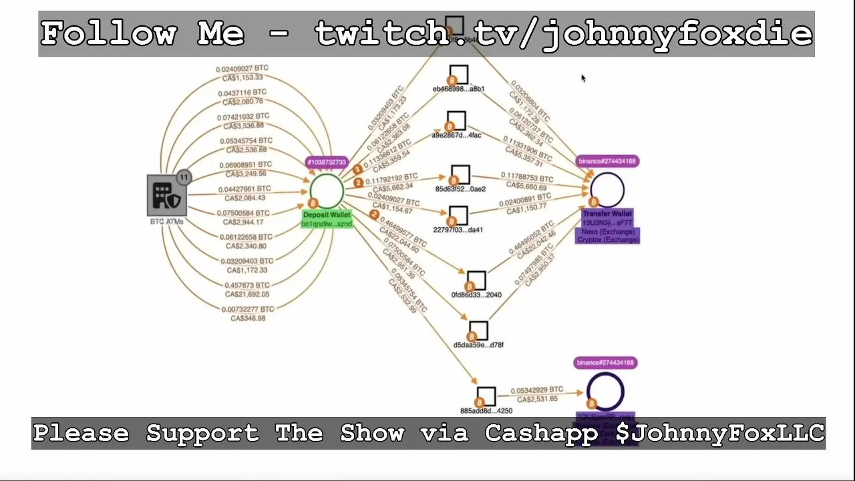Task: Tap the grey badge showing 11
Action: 184,178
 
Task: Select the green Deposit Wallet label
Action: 327,215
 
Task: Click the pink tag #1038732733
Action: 327,162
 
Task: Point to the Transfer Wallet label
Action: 607,214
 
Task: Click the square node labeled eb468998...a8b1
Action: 459,74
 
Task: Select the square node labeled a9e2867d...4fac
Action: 456,121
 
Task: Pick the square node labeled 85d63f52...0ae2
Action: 460,175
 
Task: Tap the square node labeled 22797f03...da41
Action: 458,216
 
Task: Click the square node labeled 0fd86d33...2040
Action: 476,281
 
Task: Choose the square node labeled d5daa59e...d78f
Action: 478,331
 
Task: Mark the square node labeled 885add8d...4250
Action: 486,396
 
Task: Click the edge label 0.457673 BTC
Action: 248,285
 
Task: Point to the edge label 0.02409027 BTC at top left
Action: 242,69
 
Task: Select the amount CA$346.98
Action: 248,319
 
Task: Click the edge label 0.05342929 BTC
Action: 537,390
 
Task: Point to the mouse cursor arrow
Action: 583,78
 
